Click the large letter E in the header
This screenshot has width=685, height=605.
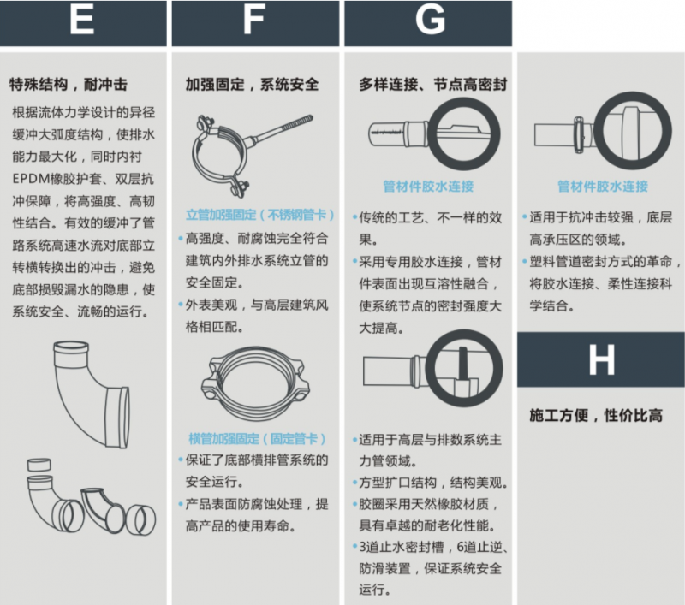click(81, 20)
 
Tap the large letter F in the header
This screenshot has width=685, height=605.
click(253, 20)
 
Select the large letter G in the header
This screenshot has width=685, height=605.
click(431, 20)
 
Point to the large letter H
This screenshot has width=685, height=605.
click(602, 360)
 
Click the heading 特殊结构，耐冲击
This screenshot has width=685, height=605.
click(68, 84)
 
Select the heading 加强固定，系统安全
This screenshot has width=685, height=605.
click(252, 84)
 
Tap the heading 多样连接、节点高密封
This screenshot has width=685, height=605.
click(433, 84)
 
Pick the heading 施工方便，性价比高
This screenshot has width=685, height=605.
click(596, 415)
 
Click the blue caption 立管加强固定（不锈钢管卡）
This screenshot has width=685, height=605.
click(260, 215)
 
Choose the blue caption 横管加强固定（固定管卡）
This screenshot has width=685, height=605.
click(258, 439)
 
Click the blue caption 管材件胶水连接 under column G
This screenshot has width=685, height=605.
click(428, 187)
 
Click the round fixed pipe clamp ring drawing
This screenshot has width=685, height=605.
click(255, 383)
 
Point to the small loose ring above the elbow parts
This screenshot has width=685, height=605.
click(39, 465)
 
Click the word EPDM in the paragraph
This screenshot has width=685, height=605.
click(28, 179)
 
